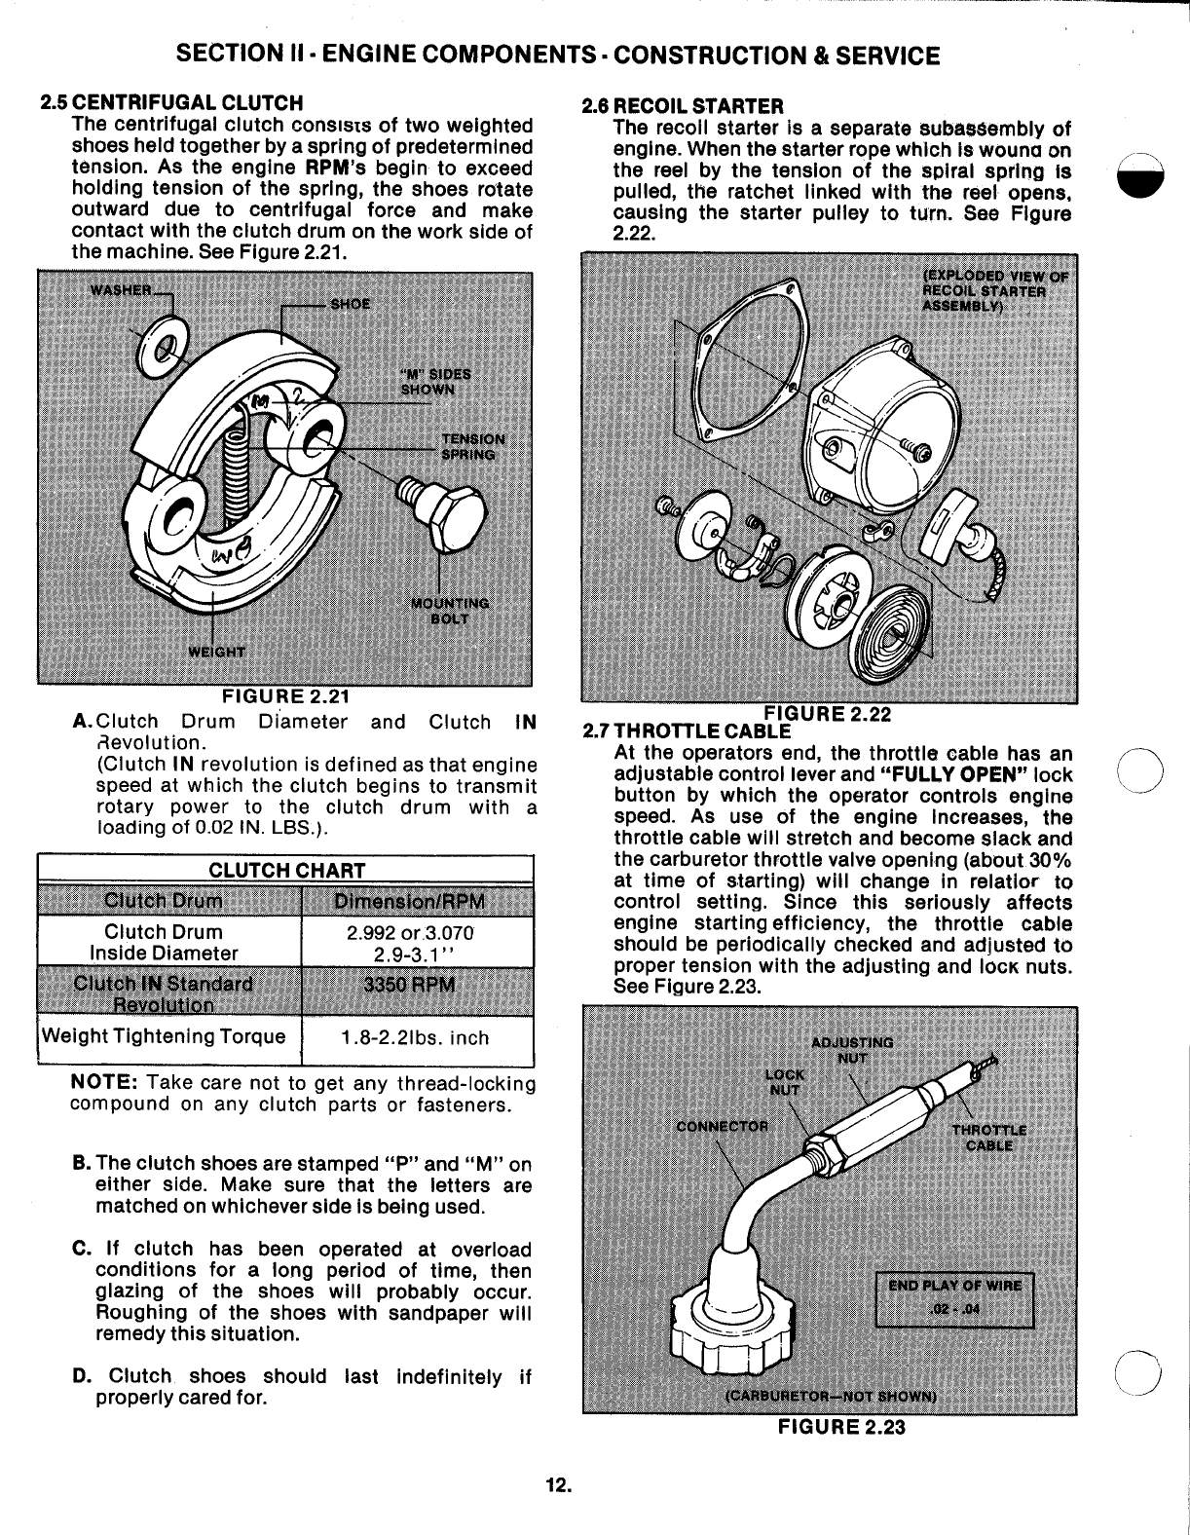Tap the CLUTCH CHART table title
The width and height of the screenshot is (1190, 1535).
coord(286,870)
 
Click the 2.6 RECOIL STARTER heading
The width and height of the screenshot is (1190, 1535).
coord(682,105)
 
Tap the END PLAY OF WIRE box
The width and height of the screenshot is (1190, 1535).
coord(953,1297)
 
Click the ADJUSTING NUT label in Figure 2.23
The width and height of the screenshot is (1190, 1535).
coord(852,1049)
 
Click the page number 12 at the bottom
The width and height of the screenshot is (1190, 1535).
coord(557,1485)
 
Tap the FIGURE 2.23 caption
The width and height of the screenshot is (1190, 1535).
coord(841,1426)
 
